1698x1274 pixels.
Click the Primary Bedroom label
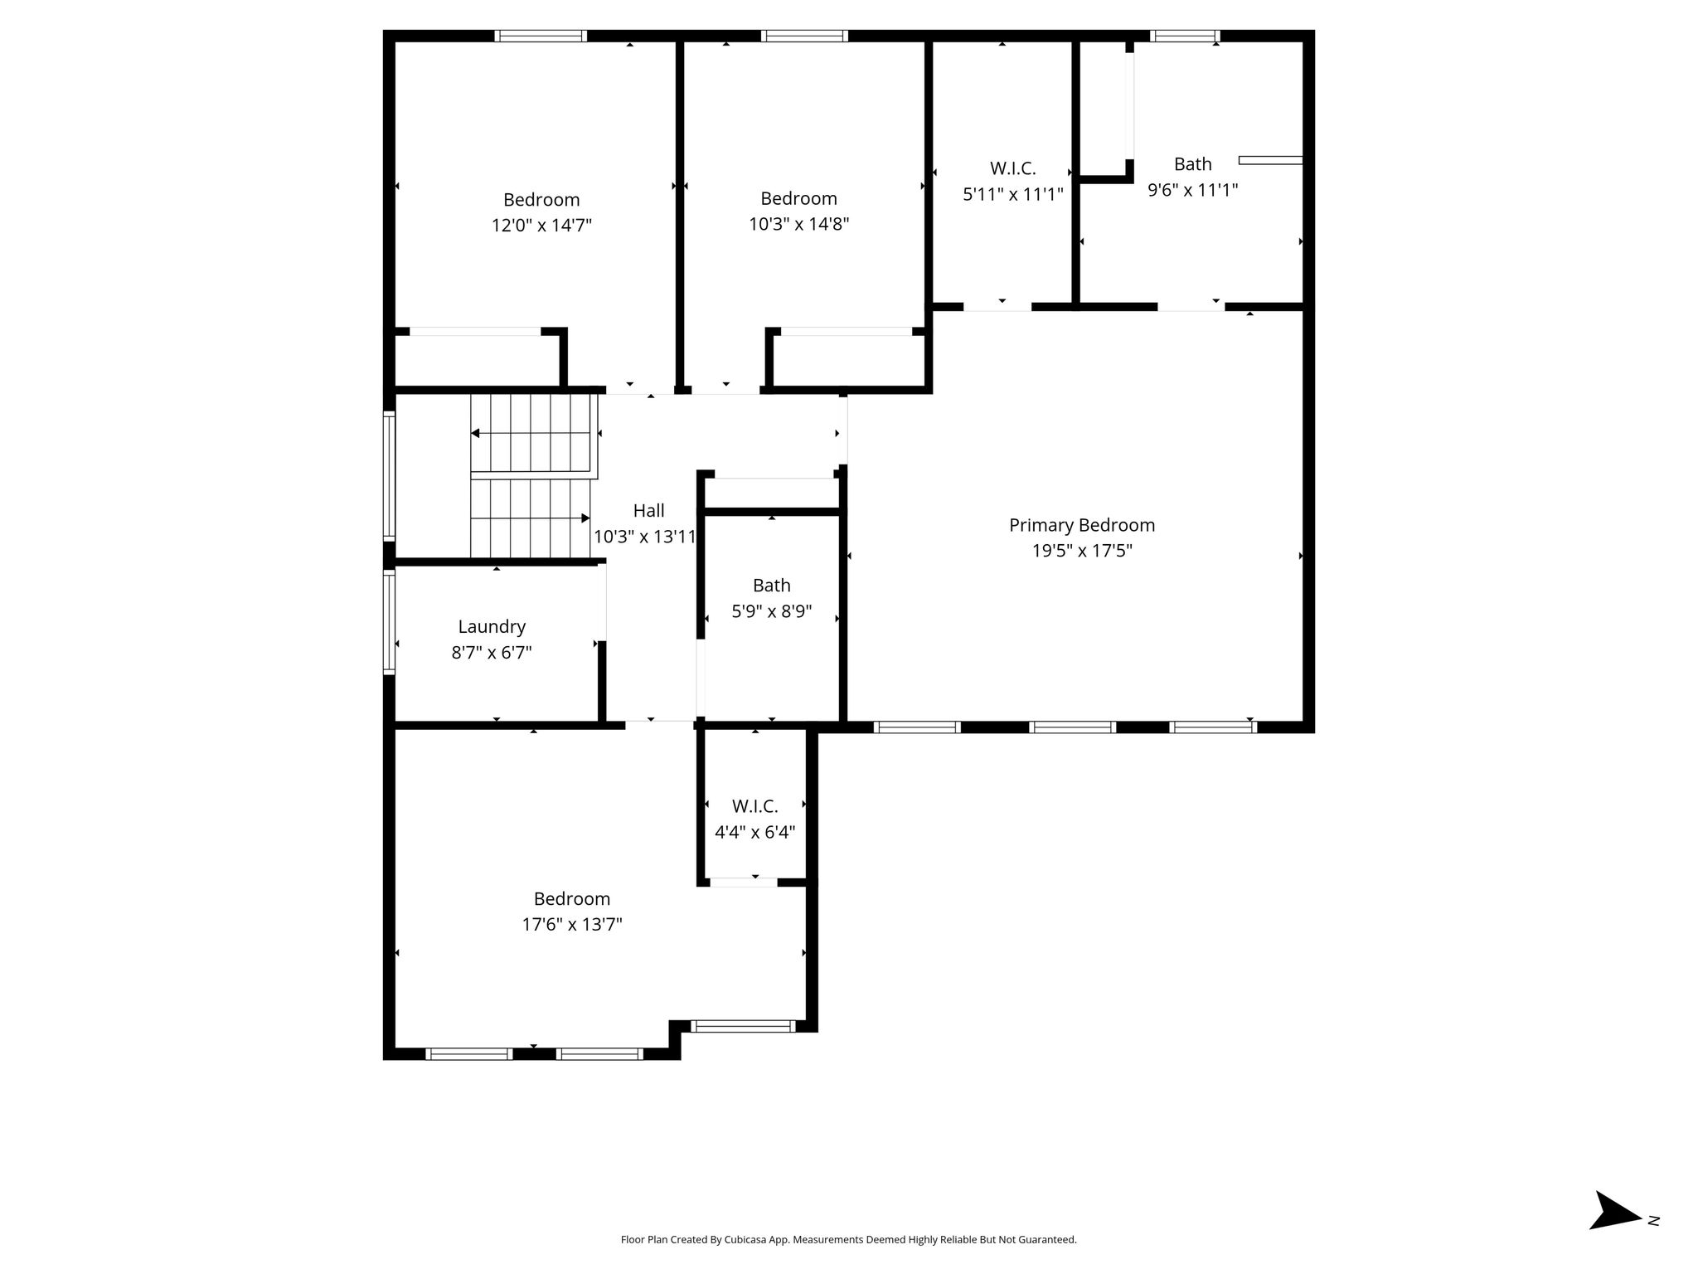click(1082, 525)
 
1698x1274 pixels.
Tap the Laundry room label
click(492, 627)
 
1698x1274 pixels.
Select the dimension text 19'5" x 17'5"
click(1082, 551)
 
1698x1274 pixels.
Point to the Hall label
click(649, 511)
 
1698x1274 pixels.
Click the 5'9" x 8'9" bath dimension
click(771, 612)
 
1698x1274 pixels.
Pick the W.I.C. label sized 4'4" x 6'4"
click(754, 806)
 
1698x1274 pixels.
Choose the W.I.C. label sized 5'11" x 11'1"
click(1013, 168)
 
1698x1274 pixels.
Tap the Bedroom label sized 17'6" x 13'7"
click(572, 899)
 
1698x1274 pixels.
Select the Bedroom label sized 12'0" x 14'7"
click(541, 200)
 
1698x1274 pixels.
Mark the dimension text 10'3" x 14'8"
click(799, 224)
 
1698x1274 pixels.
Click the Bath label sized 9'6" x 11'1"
click(1193, 164)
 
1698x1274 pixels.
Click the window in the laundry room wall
click(389, 621)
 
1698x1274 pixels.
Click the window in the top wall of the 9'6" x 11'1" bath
click(1186, 36)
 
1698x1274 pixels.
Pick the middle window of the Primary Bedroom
click(1072, 727)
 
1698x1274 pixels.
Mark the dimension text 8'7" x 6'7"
click(492, 653)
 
